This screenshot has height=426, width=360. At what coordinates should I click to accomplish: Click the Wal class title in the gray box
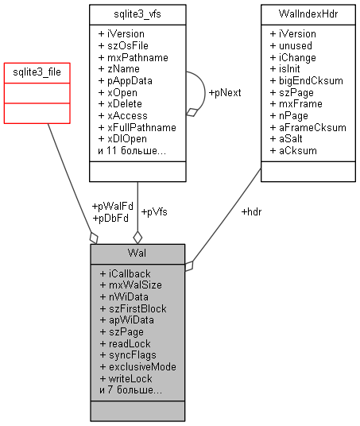tap(137, 254)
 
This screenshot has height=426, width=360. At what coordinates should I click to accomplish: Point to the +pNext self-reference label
tap(224, 92)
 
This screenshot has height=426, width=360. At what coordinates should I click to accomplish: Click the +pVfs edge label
tap(153, 211)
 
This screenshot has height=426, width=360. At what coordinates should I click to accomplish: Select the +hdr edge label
tap(251, 211)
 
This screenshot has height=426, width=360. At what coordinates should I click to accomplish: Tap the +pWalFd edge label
tap(111, 206)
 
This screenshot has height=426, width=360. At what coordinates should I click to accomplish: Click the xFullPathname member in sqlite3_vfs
tap(137, 126)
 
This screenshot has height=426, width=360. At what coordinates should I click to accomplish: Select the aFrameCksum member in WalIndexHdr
tap(307, 127)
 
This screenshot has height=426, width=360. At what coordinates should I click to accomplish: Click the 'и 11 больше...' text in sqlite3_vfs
tap(131, 150)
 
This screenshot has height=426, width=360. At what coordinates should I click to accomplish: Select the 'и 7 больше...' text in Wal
tap(130, 390)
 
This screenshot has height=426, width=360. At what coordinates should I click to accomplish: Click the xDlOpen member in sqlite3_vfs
tap(127, 138)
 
